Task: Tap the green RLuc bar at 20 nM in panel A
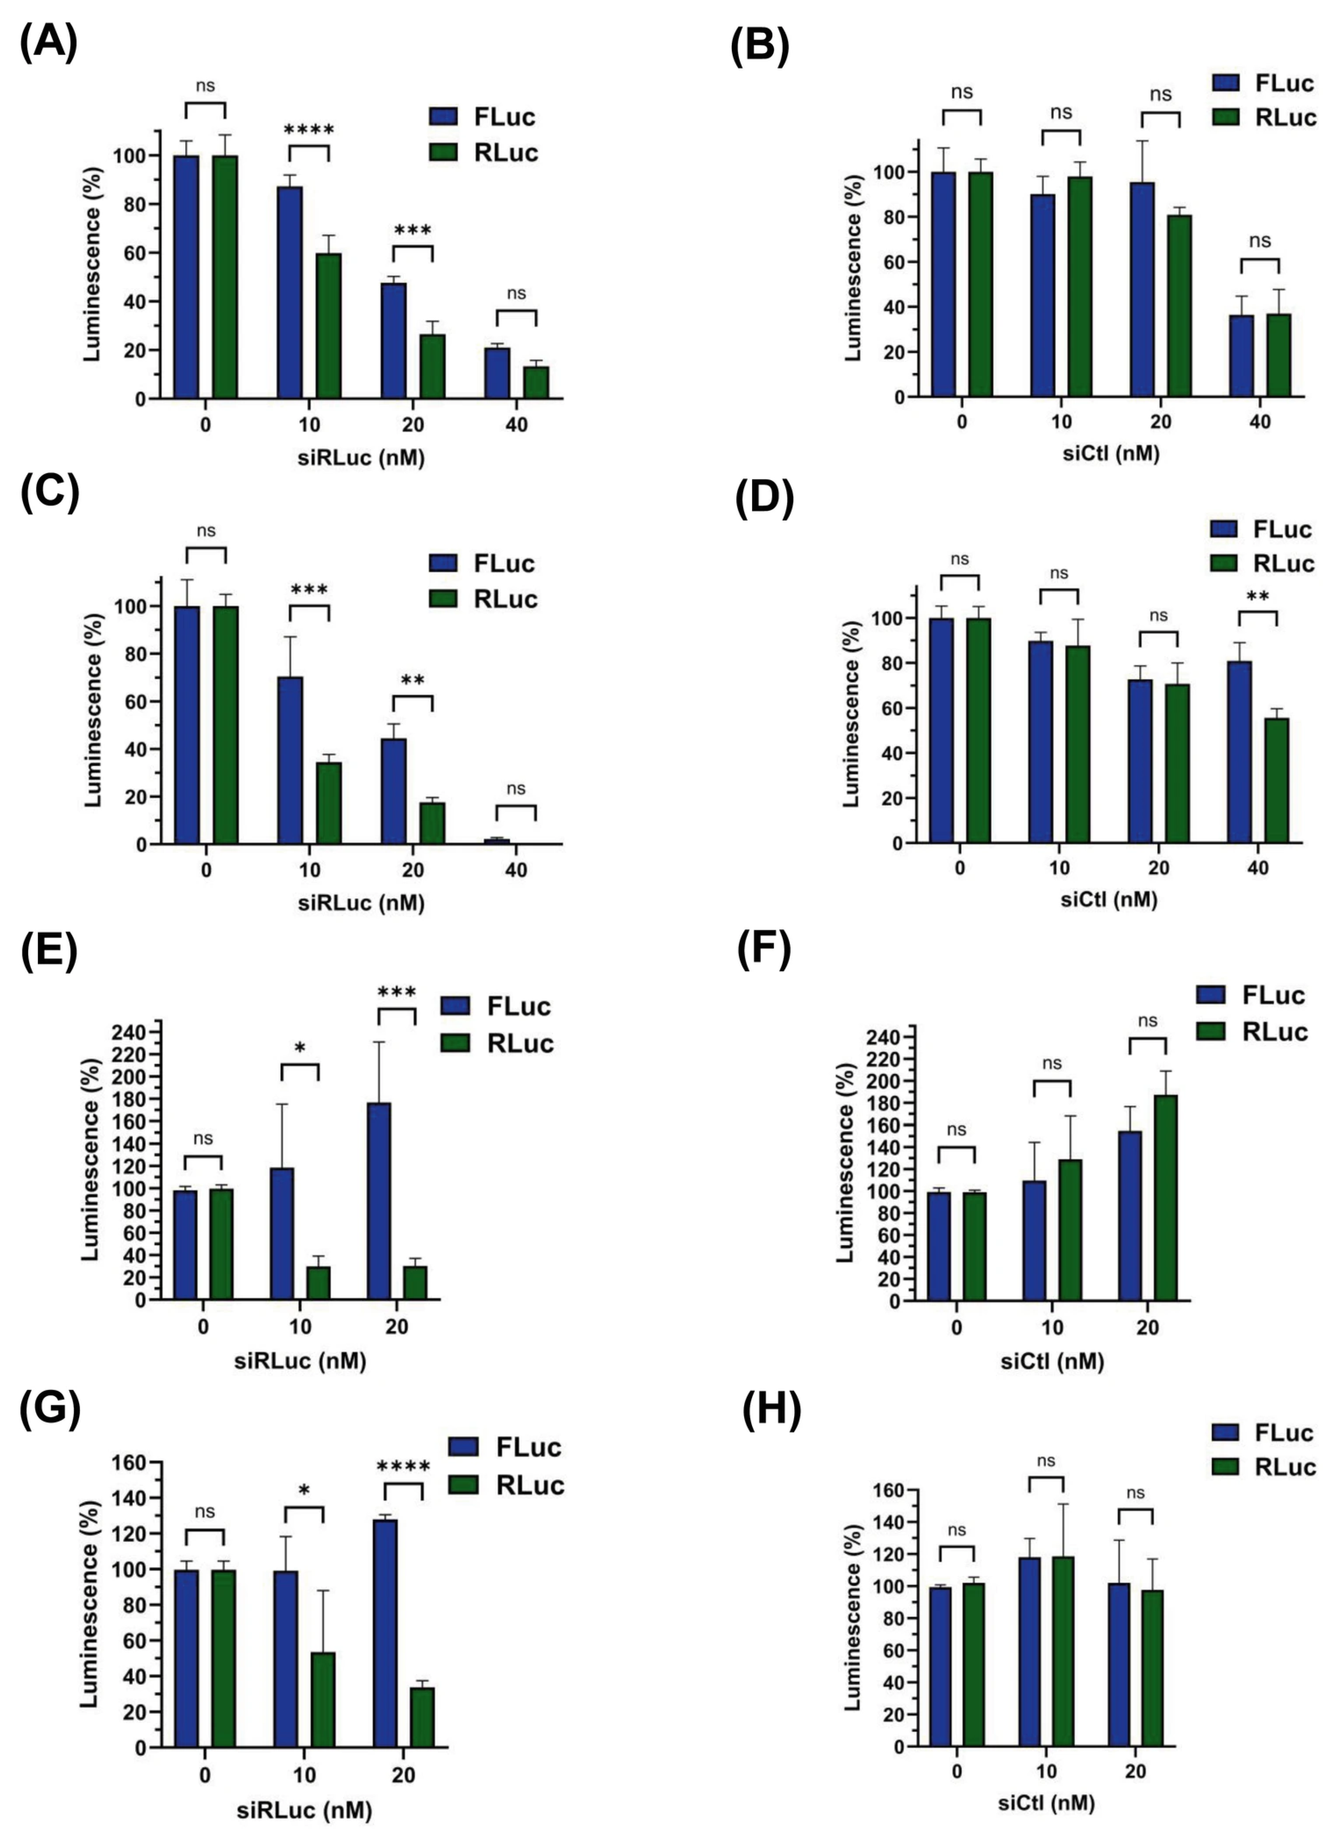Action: point(432,366)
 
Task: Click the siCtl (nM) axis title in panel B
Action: point(1110,454)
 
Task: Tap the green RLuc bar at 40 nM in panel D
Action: point(1276,780)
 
